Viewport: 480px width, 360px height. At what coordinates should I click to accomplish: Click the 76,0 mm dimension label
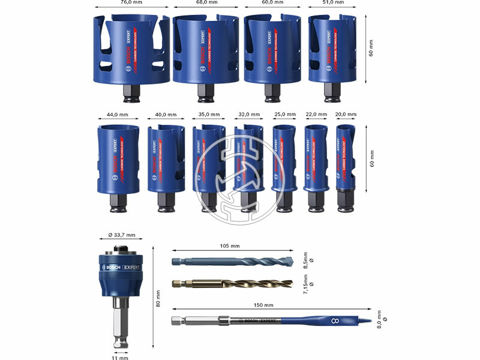click(x=130, y=2)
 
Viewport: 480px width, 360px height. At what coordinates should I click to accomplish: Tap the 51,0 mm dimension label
click(x=332, y=2)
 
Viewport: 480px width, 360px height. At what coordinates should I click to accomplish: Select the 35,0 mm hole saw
click(x=205, y=159)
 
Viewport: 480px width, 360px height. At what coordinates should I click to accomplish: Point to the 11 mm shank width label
click(x=120, y=358)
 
